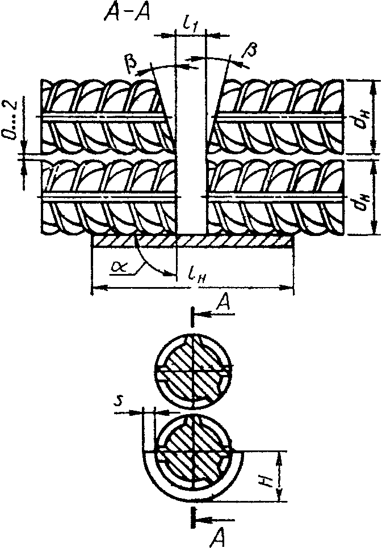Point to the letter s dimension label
click(118, 402)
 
